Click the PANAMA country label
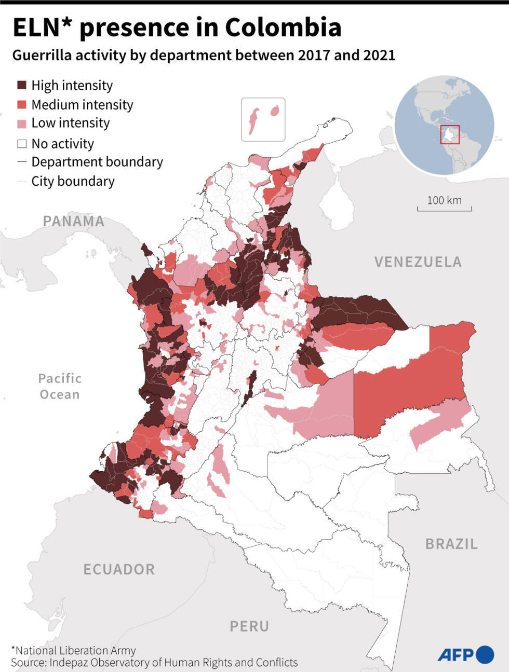tap(73, 221)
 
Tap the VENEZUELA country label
tap(418, 262)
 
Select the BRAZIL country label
tap(451, 544)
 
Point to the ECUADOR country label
tap(119, 569)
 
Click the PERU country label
tap(249, 626)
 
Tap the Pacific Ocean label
tap(60, 386)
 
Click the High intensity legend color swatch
tap(22, 85)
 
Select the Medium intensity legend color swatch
tap(22, 105)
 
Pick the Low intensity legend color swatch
tap(22, 124)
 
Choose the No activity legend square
tap(22, 144)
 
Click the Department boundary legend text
tap(97, 162)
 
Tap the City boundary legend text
tap(73, 181)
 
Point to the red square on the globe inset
tap(450, 134)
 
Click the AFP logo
tap(465, 654)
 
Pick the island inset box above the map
tap(263, 119)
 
